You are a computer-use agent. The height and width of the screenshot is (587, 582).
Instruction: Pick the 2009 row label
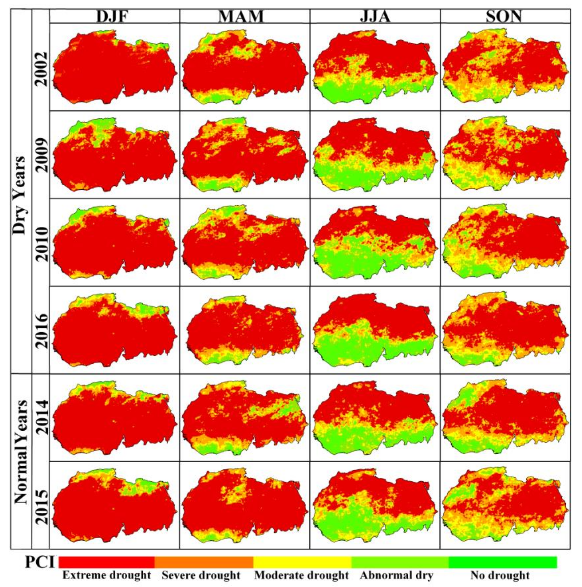pyautogui.click(x=41, y=155)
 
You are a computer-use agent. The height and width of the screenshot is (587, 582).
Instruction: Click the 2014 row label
pyautogui.click(x=41, y=417)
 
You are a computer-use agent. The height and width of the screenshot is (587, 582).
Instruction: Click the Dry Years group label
pyautogui.click(x=20, y=195)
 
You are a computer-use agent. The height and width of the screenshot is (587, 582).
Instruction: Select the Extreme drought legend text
pyautogui.click(x=106, y=575)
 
